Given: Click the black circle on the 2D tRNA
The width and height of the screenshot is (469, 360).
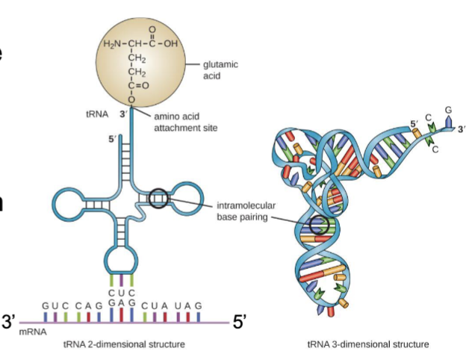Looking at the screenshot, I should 159,199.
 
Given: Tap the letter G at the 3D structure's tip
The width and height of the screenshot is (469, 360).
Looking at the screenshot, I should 448,111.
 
